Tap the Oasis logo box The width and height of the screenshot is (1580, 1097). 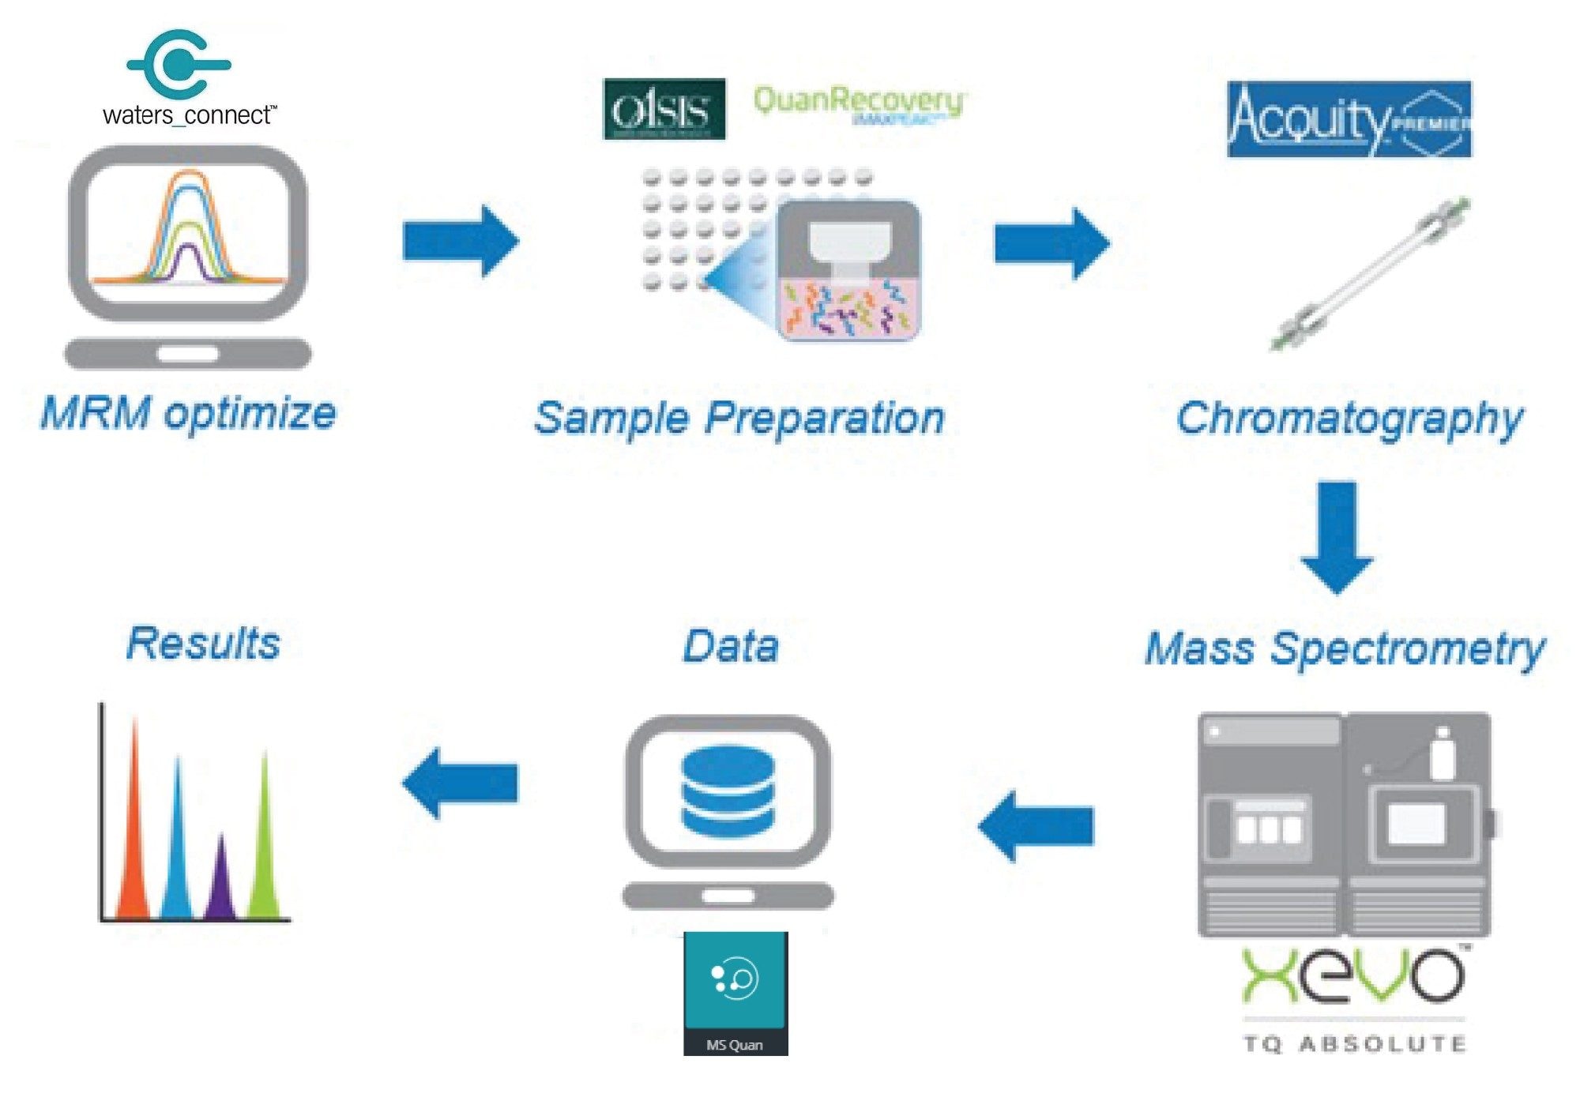coord(664,109)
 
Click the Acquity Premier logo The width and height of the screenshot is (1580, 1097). coord(1349,119)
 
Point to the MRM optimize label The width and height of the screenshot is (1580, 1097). coord(188,413)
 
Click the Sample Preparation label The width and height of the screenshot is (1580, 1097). coord(739,418)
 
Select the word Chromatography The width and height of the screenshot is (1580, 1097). coord(1349,418)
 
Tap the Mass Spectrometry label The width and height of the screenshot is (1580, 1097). coord(1345,649)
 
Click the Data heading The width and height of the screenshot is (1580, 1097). coord(731,646)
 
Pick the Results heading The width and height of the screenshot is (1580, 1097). coord(203,643)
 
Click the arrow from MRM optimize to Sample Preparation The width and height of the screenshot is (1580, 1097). coord(461,241)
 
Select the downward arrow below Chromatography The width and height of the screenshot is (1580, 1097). coord(1337,537)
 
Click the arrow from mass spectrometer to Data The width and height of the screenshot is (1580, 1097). coord(1036,826)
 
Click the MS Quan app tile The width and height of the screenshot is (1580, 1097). coord(735,993)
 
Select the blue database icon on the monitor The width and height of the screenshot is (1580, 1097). coord(728,791)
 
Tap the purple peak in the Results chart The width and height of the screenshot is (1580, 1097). coord(221,881)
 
